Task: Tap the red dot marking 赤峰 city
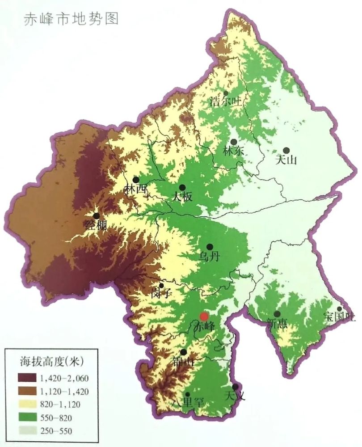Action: (x=204, y=316)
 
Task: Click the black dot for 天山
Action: (x=286, y=151)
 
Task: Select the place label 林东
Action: (x=233, y=151)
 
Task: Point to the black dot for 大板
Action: (x=182, y=187)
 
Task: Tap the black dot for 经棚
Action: (x=96, y=216)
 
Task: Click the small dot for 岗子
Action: (x=162, y=285)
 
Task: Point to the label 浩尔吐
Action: (x=226, y=101)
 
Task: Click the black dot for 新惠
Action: (x=277, y=314)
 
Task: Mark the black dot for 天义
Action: (x=235, y=387)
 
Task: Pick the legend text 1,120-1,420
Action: (x=64, y=392)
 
